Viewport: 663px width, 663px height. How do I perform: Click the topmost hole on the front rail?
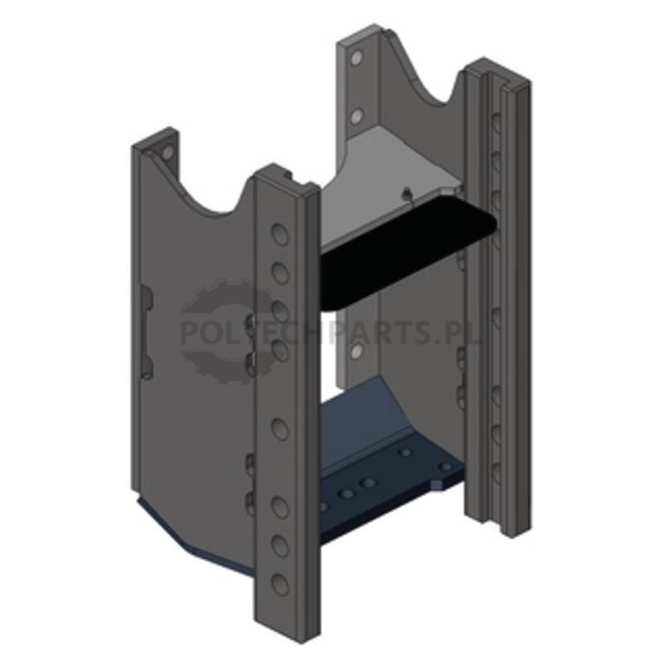coord(280,234)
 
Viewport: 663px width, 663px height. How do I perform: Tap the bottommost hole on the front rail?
coord(280,584)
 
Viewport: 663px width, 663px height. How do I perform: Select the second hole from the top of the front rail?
coord(280,273)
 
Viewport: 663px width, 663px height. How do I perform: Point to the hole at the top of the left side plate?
coord(167,152)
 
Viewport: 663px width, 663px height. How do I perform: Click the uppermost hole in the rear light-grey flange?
coord(357,57)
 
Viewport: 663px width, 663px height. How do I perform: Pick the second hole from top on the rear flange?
coord(357,115)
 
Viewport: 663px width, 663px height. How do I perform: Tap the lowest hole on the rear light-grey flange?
coord(357,350)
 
